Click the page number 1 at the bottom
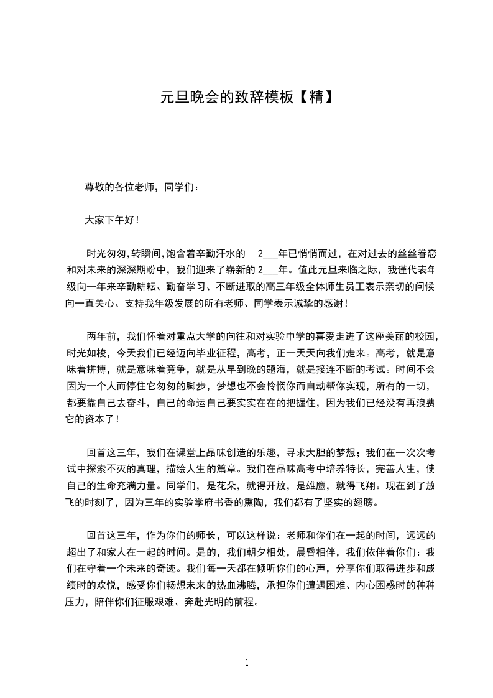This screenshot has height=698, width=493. [247, 663]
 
